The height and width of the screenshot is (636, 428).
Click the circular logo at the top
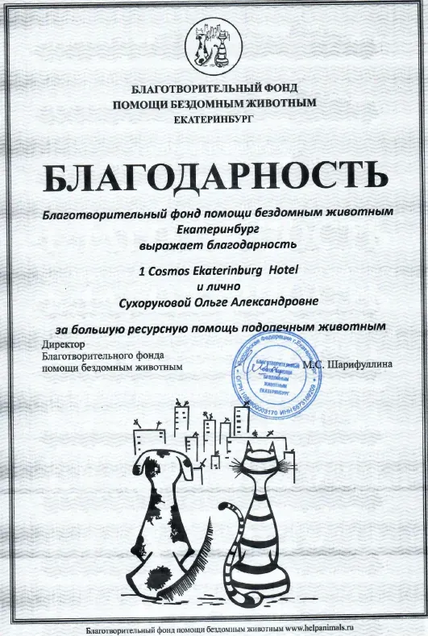point(213,49)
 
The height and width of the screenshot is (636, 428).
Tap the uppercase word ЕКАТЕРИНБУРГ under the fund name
point(213,119)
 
